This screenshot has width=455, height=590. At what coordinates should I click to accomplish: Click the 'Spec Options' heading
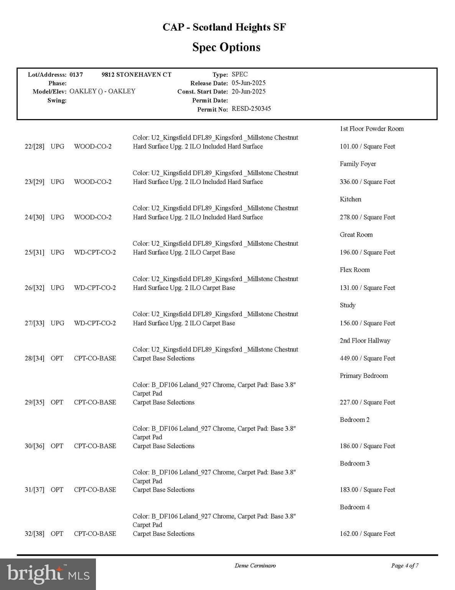[226, 47]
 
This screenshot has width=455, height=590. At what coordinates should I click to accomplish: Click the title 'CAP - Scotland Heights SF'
[224, 27]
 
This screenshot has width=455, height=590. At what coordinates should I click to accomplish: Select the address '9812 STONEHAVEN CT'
[136, 75]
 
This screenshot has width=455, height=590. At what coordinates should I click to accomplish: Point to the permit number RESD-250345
[251, 109]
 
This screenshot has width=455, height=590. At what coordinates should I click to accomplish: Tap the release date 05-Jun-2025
[249, 83]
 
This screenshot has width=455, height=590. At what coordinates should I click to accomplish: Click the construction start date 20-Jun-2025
[249, 91]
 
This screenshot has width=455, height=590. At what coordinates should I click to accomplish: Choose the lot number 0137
[76, 75]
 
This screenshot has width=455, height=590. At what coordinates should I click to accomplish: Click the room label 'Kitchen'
[350, 199]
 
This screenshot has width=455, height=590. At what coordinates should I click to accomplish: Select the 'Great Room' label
[356, 235]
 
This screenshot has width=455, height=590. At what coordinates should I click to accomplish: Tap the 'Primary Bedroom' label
[364, 376]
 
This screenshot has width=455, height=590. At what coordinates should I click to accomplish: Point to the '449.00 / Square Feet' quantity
[367, 358]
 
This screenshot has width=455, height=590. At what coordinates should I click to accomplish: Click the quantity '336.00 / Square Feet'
[367, 182]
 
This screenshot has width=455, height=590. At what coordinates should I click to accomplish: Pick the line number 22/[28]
[35, 146]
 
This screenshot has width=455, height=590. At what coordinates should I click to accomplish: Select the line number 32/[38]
[35, 534]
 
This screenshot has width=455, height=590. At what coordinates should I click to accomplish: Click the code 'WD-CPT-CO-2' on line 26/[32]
[95, 288]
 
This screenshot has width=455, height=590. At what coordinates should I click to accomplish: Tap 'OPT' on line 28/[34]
[57, 358]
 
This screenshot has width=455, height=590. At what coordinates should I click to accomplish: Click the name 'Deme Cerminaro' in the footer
[255, 565]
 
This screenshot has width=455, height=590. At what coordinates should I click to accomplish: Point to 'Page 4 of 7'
[405, 565]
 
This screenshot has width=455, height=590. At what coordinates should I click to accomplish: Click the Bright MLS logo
[48, 574]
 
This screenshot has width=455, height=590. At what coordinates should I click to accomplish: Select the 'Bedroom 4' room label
[354, 507]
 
